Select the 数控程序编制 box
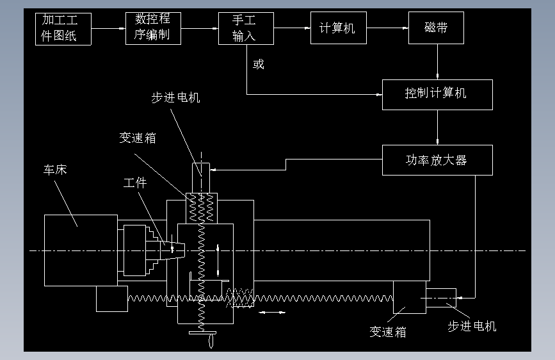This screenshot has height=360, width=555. [153, 28]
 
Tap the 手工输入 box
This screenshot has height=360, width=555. [245, 29]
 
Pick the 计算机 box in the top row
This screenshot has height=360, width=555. [338, 29]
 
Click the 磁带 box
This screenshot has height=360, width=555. [436, 29]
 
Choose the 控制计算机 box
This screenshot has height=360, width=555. [437, 94]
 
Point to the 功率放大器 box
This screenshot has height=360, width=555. [437, 160]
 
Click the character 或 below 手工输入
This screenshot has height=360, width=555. [259, 65]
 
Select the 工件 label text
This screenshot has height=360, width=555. [135, 183]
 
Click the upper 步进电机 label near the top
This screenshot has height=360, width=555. [175, 97]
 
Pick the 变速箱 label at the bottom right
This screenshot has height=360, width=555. [387, 332]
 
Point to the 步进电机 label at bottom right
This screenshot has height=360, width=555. [472, 326]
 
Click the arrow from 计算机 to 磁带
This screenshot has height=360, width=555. [388, 28]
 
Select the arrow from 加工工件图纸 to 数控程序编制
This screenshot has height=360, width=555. [108, 28]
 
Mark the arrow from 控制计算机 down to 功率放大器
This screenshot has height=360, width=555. [437, 127]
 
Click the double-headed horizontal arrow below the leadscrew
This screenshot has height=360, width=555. [273, 313]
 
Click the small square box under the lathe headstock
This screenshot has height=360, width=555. [111, 299]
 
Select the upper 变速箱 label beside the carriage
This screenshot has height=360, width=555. [137, 138]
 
